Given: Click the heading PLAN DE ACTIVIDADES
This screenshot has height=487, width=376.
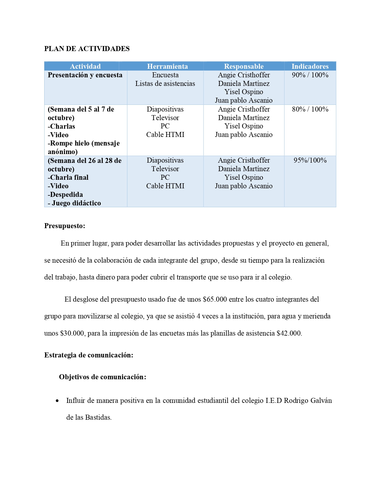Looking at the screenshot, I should coord(87,49).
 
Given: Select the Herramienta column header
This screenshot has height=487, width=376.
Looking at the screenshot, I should coord(167,66).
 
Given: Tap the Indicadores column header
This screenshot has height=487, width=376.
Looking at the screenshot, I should coord(310,66).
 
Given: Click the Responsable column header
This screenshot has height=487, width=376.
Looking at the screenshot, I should coord(244,66).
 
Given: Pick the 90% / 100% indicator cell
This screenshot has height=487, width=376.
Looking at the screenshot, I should coord(310,75).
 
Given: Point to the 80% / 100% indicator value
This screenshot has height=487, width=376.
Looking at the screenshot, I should coord(310,109).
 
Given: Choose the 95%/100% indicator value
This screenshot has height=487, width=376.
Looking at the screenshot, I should coord(310,160).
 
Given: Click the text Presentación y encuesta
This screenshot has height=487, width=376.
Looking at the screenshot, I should coord(85,75).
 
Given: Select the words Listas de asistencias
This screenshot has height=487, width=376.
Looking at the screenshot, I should coord(165,84).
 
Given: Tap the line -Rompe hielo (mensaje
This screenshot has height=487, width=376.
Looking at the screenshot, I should coord(84,143).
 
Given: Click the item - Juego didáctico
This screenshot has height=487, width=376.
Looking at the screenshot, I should coord(74,203).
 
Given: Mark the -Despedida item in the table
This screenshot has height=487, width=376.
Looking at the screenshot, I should coord(65,195).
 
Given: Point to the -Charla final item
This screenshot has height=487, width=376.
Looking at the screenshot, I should coord(68,177).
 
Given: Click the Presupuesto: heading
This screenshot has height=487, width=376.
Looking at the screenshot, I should coord(65,226).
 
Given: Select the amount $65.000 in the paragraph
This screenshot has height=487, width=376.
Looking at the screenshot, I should coord(215,299).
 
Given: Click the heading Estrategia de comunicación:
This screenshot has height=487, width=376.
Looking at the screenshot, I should coord(88,355).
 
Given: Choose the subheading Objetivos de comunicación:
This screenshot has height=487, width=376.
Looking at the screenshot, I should coord(102,377).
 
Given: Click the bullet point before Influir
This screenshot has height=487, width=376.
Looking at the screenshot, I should coord(57,401).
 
